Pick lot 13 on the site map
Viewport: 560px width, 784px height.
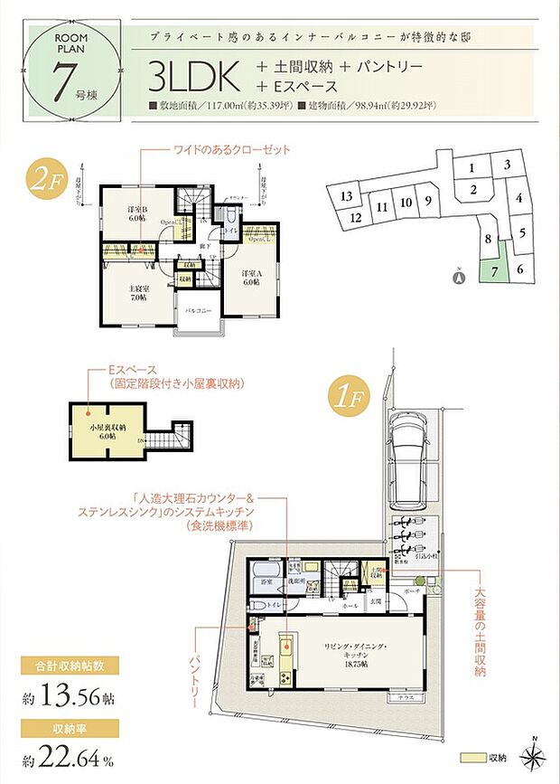coord(345,196)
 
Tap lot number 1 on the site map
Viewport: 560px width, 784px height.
coord(471,167)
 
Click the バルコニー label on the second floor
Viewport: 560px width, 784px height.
coord(199,310)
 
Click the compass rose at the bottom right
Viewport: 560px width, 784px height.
coord(536,759)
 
